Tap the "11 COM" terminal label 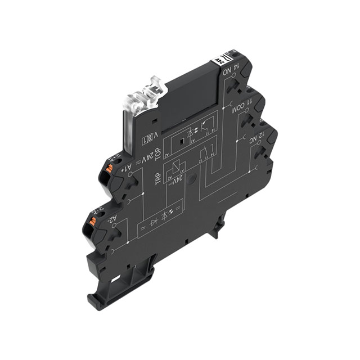pyautogui.click(x=237, y=103)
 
